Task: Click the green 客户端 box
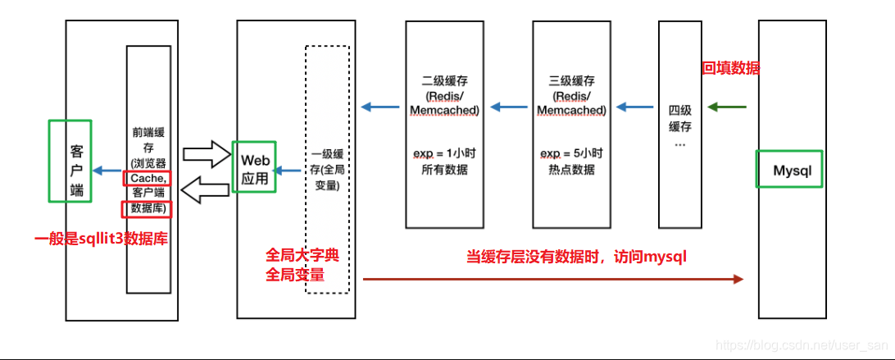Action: [70, 161]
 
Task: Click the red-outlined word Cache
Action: [148, 178]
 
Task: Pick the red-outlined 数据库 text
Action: [148, 208]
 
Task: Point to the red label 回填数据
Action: [731, 69]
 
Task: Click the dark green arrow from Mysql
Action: [727, 107]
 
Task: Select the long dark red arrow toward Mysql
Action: [552, 280]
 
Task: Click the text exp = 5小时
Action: [571, 153]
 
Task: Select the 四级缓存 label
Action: [680, 118]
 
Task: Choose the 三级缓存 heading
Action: [571, 81]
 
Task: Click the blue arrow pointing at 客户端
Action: [107, 170]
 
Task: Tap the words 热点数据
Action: [571, 170]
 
